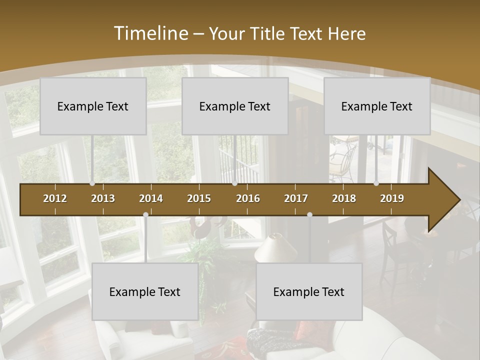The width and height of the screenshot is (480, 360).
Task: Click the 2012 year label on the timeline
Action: pos(55,198)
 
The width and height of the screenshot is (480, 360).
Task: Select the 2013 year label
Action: pos(103,198)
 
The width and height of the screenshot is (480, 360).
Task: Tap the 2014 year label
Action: pos(151,198)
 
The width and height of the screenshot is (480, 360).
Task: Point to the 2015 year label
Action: pos(199,198)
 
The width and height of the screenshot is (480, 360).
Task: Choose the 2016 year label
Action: pos(248,198)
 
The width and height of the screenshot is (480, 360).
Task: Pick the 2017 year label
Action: pos(296,198)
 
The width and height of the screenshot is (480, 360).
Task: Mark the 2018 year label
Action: pos(344,198)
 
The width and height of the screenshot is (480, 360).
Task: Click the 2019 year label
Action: pos(392,198)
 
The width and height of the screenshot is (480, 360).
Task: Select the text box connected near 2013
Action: pos(93,106)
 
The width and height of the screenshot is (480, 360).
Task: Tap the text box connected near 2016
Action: pos(235,106)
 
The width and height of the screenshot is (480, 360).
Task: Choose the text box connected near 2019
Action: pos(377,106)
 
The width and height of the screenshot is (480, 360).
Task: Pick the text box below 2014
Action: pos(145,291)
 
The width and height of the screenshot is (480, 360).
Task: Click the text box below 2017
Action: pos(309,291)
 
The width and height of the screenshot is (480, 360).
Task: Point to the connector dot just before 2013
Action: pos(92,183)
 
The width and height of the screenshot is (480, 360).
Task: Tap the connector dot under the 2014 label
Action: pos(145,215)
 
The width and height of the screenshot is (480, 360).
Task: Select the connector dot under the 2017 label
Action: pos(309,215)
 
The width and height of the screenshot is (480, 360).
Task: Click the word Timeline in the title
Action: pos(150,33)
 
